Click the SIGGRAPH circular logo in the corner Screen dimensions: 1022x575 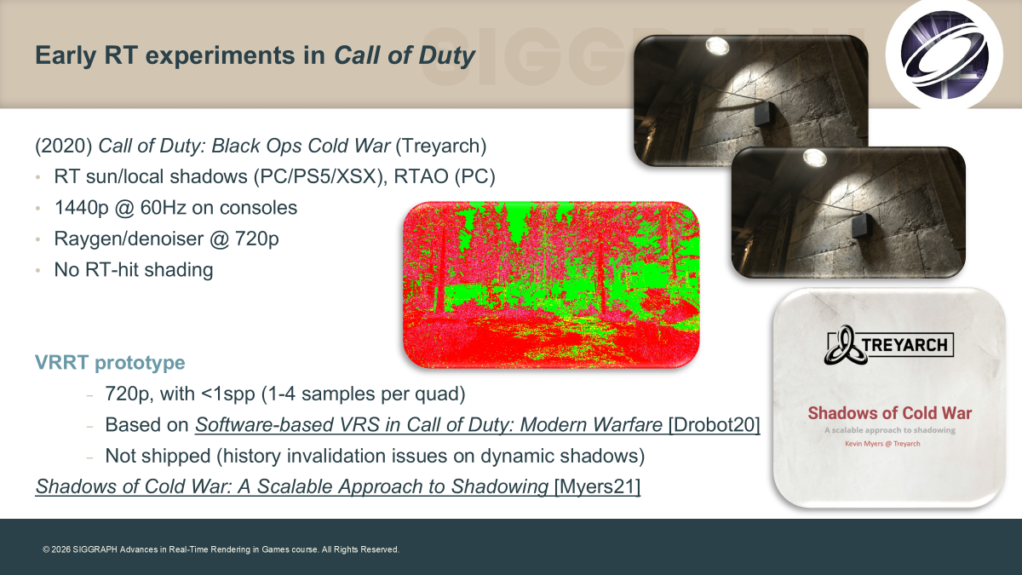point(944,55)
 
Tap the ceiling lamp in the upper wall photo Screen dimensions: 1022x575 point(717,46)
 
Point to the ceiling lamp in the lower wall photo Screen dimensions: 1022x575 point(814,158)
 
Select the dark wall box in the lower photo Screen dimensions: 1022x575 point(861,226)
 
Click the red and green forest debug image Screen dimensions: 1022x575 point(551,285)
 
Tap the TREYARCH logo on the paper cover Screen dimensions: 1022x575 point(889,344)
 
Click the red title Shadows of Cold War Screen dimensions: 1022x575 point(890,413)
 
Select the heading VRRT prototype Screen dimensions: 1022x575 point(110,362)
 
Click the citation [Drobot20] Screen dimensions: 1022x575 point(714,424)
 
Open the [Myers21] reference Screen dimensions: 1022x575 point(597,486)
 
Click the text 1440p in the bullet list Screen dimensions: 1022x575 point(81,208)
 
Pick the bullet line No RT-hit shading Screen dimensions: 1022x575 point(134,270)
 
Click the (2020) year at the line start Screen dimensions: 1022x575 point(64,146)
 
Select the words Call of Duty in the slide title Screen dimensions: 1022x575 point(405,55)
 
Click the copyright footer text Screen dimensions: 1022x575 point(221,549)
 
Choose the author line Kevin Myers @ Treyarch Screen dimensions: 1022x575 point(882,444)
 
